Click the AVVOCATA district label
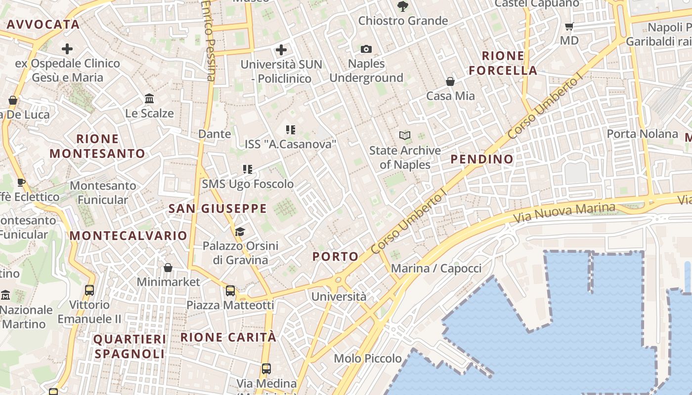click(43, 24)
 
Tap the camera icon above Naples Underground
click(366, 49)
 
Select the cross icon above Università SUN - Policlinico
click(281, 49)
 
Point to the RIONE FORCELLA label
click(503, 63)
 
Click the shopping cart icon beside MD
click(569, 26)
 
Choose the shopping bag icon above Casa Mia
click(450, 81)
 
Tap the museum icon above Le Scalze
click(149, 99)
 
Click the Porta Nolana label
click(642, 134)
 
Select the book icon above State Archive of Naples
click(405, 135)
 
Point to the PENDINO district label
click(482, 159)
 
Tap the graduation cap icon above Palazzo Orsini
click(240, 232)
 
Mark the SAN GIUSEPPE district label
click(217, 208)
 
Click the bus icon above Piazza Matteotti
click(230, 291)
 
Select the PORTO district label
click(335, 256)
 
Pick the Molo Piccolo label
click(368, 358)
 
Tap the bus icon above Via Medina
click(266, 368)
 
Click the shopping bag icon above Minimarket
click(168, 268)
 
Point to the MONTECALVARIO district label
click(128, 236)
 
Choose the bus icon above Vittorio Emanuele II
click(89, 290)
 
